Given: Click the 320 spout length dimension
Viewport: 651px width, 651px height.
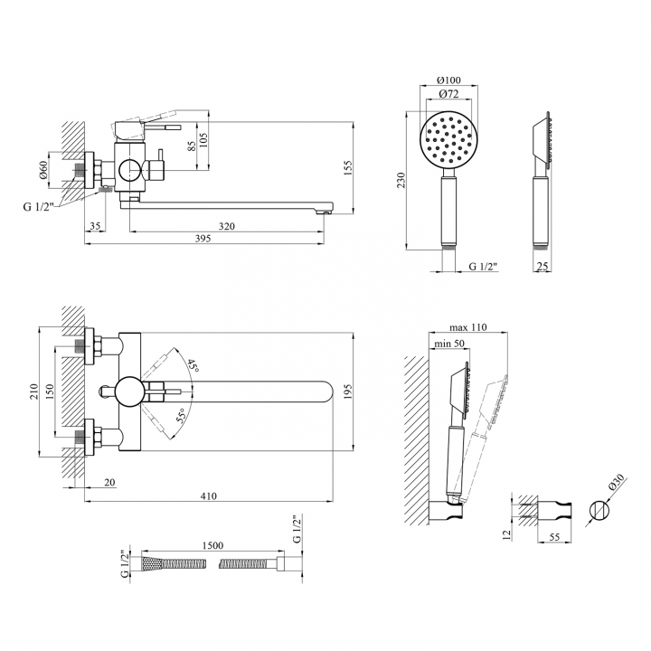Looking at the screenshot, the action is click(227, 226).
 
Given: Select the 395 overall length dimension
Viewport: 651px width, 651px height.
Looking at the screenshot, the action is click(203, 239).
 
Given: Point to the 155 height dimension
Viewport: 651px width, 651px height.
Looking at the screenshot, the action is click(347, 168).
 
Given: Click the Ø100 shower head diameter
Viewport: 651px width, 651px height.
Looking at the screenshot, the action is click(448, 80).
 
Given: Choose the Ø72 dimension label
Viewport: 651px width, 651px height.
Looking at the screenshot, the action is click(448, 94).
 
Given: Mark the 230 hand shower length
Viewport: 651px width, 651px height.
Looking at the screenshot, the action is click(401, 180).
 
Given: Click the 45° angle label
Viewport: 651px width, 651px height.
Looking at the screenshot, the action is click(193, 365).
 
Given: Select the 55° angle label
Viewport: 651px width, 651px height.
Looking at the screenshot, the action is click(181, 415).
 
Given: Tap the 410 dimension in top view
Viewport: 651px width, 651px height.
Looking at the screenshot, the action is click(209, 495).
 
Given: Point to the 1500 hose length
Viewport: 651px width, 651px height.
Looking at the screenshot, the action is click(212, 545).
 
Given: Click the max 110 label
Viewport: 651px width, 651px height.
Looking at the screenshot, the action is click(468, 327).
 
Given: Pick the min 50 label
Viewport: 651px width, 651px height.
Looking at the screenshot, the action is click(449, 344).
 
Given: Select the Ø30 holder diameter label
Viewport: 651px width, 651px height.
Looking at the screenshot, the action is click(617, 483).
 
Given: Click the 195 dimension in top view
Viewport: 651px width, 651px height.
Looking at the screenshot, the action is click(347, 392).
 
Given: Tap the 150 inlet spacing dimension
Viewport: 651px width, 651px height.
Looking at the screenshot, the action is click(49, 392).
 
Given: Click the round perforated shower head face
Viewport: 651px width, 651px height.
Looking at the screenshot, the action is click(448, 139).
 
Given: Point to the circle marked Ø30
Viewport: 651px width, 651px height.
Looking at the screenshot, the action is click(599, 510).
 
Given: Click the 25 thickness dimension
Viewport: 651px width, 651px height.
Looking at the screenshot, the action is click(542, 266).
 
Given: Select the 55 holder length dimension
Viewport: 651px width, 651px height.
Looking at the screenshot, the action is click(554, 537).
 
